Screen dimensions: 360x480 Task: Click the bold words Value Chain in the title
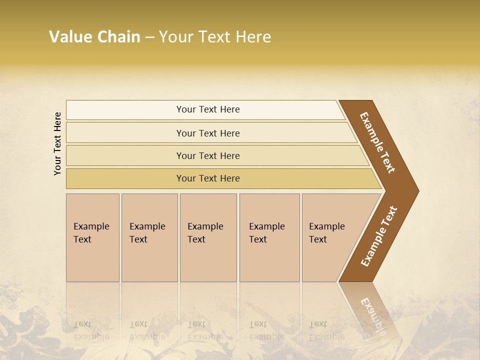pyautogui.click(x=94, y=37)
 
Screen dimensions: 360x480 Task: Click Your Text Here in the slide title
pyautogui.click(x=215, y=37)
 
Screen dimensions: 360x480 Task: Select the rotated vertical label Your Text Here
pyautogui.click(x=58, y=144)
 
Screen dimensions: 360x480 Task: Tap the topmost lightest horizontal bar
pyautogui.click(x=208, y=109)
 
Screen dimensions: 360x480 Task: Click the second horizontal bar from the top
pyautogui.click(x=208, y=133)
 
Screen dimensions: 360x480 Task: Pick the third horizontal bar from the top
pyautogui.click(x=208, y=155)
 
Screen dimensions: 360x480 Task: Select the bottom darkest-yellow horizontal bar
pyautogui.click(x=208, y=178)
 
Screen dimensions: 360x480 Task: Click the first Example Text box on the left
pyautogui.click(x=92, y=237)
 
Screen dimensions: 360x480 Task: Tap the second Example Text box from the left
pyautogui.click(x=149, y=237)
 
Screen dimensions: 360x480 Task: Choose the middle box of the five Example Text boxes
pyautogui.click(x=208, y=237)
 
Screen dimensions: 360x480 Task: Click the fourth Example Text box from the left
pyautogui.click(x=269, y=237)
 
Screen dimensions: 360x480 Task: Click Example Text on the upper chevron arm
pyautogui.click(x=377, y=142)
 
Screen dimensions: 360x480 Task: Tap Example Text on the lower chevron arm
pyautogui.click(x=379, y=236)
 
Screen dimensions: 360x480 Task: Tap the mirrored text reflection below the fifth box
pyautogui.click(x=326, y=330)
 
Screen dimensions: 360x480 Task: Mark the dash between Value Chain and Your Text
pyautogui.click(x=149, y=37)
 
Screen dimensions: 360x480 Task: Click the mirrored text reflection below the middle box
pyautogui.click(x=205, y=330)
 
